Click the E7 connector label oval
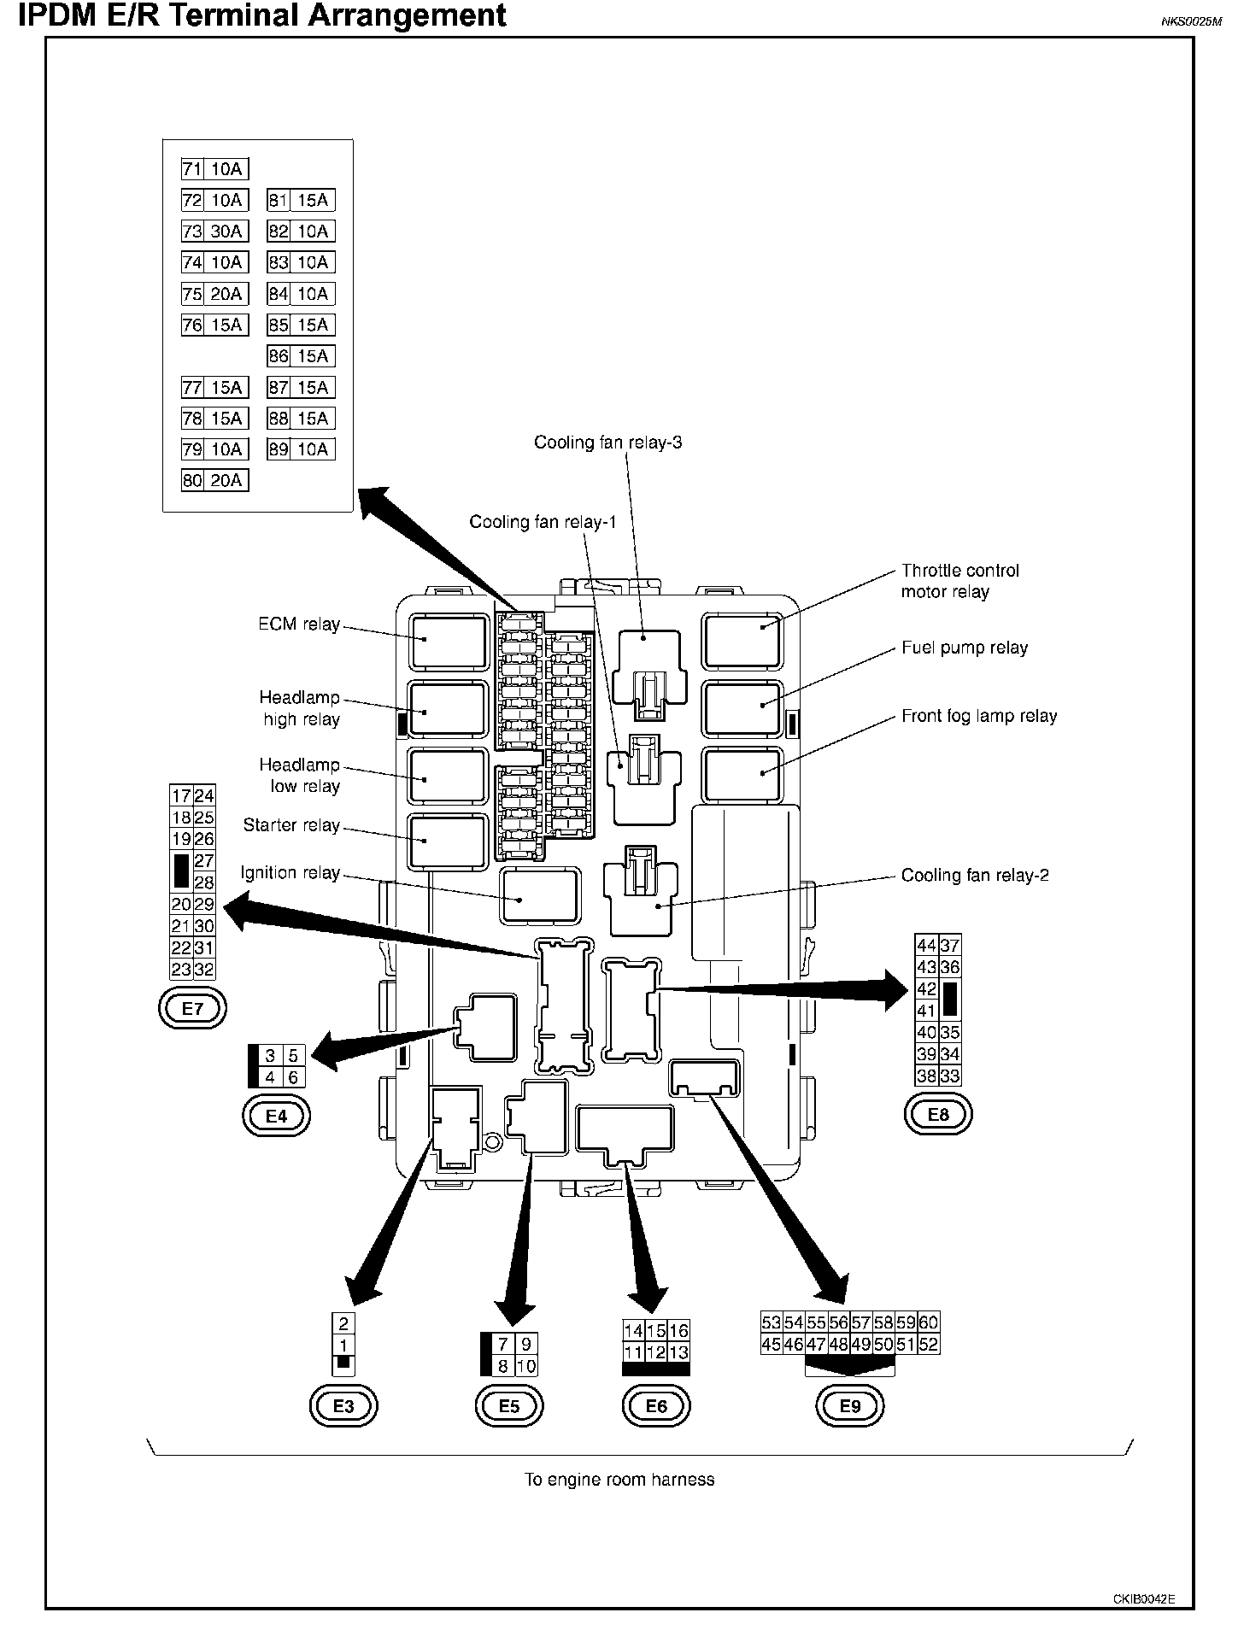pos(193,1008)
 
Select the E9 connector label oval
pos(850,1406)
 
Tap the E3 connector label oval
pos(343,1406)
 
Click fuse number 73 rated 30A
pos(214,232)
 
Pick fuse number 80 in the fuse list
pos(214,481)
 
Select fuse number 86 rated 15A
pos(300,356)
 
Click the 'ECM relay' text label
pos(299,624)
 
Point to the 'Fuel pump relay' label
pos(965,648)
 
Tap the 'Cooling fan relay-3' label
pos(607,443)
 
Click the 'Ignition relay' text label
pos(290,873)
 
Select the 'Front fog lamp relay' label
pos(979,716)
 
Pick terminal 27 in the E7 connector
pos(203,861)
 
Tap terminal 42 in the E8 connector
pos(926,989)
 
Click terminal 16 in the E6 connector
pos(678,1331)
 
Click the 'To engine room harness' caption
pos(619,1480)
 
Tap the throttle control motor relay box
pos(742,641)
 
